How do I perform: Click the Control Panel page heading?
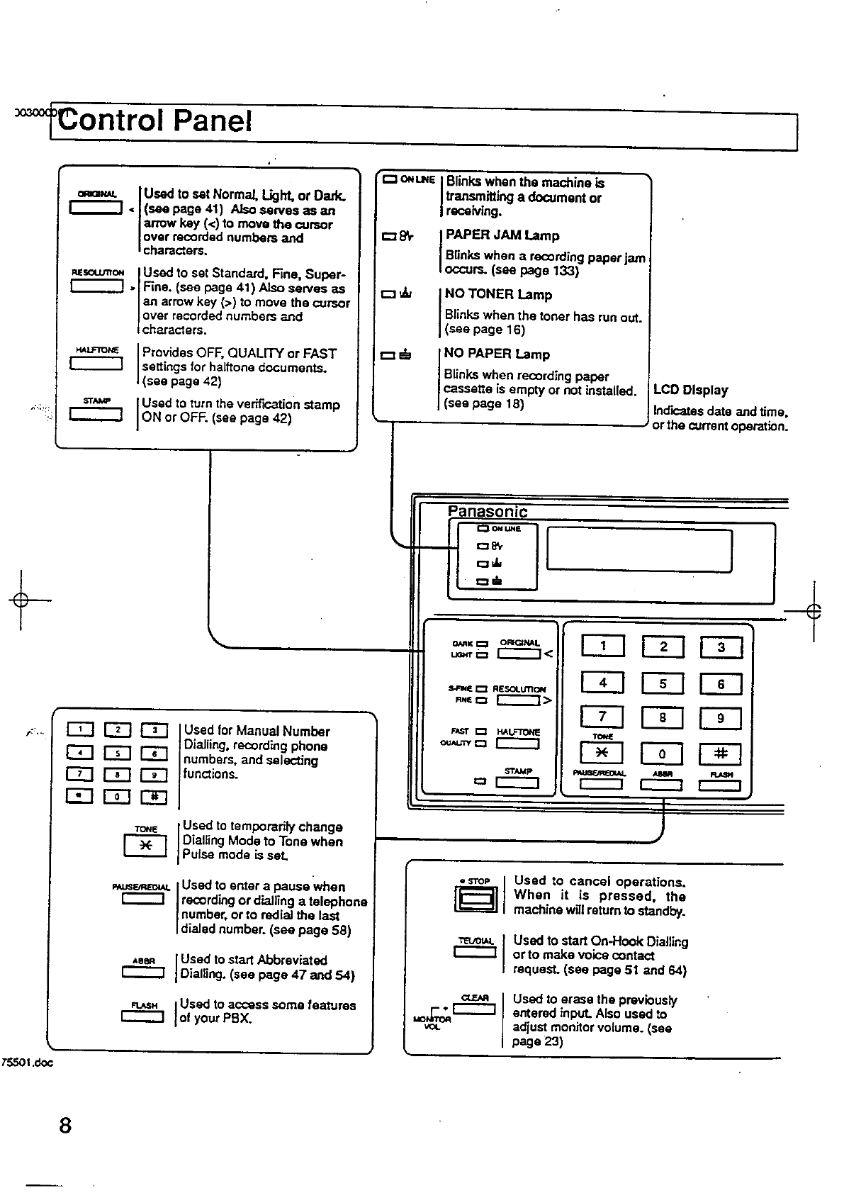[x=155, y=121]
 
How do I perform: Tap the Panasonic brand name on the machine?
[x=488, y=511]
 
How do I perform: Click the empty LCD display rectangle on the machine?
[x=639, y=549]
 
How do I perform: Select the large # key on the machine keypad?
[x=720, y=754]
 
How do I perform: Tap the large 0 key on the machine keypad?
[x=662, y=754]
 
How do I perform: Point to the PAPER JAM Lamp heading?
[x=502, y=235]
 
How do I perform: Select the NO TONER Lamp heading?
[x=498, y=294]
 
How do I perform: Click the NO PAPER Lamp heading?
[x=497, y=354]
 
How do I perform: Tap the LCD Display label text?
[x=690, y=390]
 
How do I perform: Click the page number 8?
[x=65, y=1126]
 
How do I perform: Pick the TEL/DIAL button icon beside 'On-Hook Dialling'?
[x=475, y=951]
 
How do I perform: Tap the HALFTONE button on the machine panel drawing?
[x=518, y=744]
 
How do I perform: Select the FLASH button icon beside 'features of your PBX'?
[x=143, y=1017]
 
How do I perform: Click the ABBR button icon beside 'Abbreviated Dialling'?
[x=143, y=973]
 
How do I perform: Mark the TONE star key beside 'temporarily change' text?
[x=145, y=846]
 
